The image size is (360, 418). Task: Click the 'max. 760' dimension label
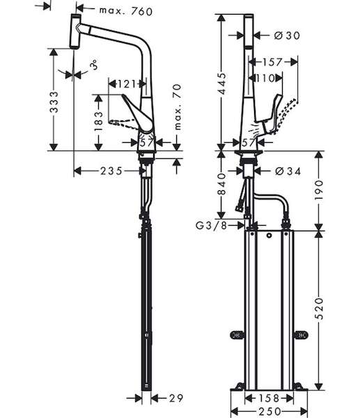pos(126,11)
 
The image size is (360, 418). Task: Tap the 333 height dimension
pos(54,102)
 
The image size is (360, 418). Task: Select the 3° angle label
pos(93,65)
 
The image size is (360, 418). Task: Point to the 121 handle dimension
pos(127,84)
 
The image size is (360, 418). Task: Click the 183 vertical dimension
pos(99,121)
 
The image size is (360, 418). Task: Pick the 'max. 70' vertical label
pos(178,107)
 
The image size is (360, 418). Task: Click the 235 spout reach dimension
pos(111,171)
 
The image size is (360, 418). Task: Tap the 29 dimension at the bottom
pos(176,398)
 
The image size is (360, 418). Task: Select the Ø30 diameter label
pos(287,36)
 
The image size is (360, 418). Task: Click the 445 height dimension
pos(221,84)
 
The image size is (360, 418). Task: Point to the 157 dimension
pos(272,62)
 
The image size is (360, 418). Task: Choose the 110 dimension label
pos(265,78)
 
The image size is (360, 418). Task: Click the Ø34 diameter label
pos(288,171)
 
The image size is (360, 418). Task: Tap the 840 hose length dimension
pos(221,184)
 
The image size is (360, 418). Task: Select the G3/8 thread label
pos(211,226)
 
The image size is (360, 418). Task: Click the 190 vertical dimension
pos(319,190)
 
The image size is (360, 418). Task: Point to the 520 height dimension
pos(319,309)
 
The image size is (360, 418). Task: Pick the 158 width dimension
pos(269,398)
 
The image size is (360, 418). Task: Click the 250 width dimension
pos(269,411)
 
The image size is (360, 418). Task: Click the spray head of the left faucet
pos(75,31)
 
